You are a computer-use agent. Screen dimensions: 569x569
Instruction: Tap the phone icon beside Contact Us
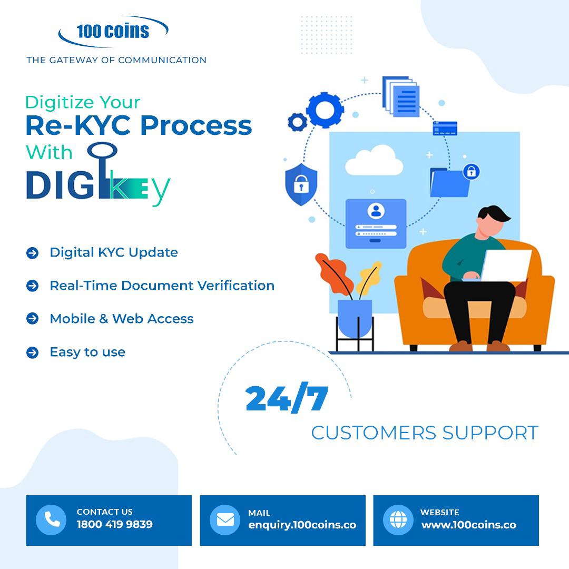click(51, 520)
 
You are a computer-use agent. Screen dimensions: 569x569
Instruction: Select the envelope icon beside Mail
click(225, 520)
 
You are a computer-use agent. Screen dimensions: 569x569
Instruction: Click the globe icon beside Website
click(398, 520)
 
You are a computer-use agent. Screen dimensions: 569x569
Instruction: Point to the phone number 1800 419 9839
click(114, 525)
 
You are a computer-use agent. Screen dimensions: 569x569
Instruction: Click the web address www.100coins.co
click(468, 525)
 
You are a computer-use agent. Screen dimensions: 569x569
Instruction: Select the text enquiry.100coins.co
click(302, 525)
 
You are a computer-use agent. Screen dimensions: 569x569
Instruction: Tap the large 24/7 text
click(287, 399)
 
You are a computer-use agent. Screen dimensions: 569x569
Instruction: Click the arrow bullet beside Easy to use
click(33, 352)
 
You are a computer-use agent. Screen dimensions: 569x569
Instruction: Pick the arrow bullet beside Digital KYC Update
click(33, 253)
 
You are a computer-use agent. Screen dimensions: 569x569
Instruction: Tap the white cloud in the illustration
click(374, 160)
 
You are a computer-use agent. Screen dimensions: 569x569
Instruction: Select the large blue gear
click(325, 110)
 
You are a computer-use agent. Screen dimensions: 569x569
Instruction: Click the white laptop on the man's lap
click(505, 265)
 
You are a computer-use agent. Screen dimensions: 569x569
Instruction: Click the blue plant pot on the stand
click(355, 317)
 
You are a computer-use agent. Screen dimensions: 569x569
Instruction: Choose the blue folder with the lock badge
click(449, 182)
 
